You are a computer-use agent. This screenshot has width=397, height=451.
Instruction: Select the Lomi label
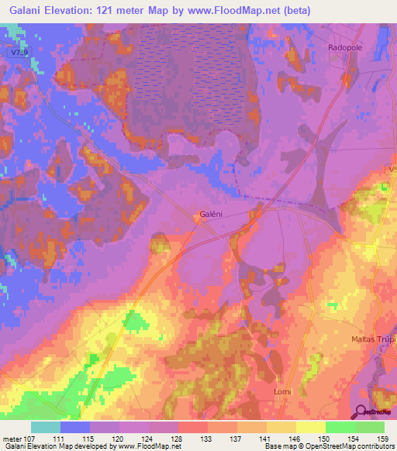282,392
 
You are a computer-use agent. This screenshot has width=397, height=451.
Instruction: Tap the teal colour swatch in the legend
46,427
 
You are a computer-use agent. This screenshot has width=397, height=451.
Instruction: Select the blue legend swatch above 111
75,427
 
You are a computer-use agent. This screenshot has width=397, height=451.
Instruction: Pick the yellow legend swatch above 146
281,427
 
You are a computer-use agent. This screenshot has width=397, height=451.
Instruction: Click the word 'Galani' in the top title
23,10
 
